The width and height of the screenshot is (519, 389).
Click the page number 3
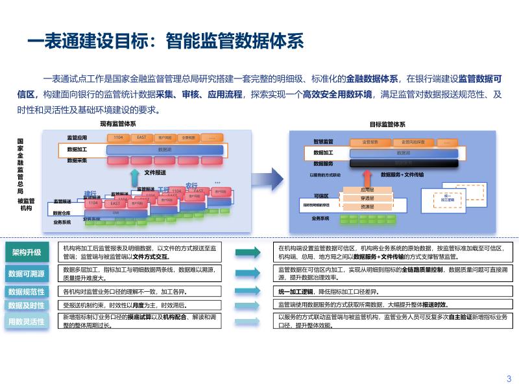point(509,379)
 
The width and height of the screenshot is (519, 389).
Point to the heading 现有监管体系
point(117,124)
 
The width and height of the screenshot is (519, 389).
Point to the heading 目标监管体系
point(388,124)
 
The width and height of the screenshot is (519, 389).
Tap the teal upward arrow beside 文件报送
point(134,175)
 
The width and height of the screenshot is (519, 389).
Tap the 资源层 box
point(367,207)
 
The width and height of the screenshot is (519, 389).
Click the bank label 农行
point(191,185)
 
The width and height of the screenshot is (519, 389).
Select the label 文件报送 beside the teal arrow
point(155,172)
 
